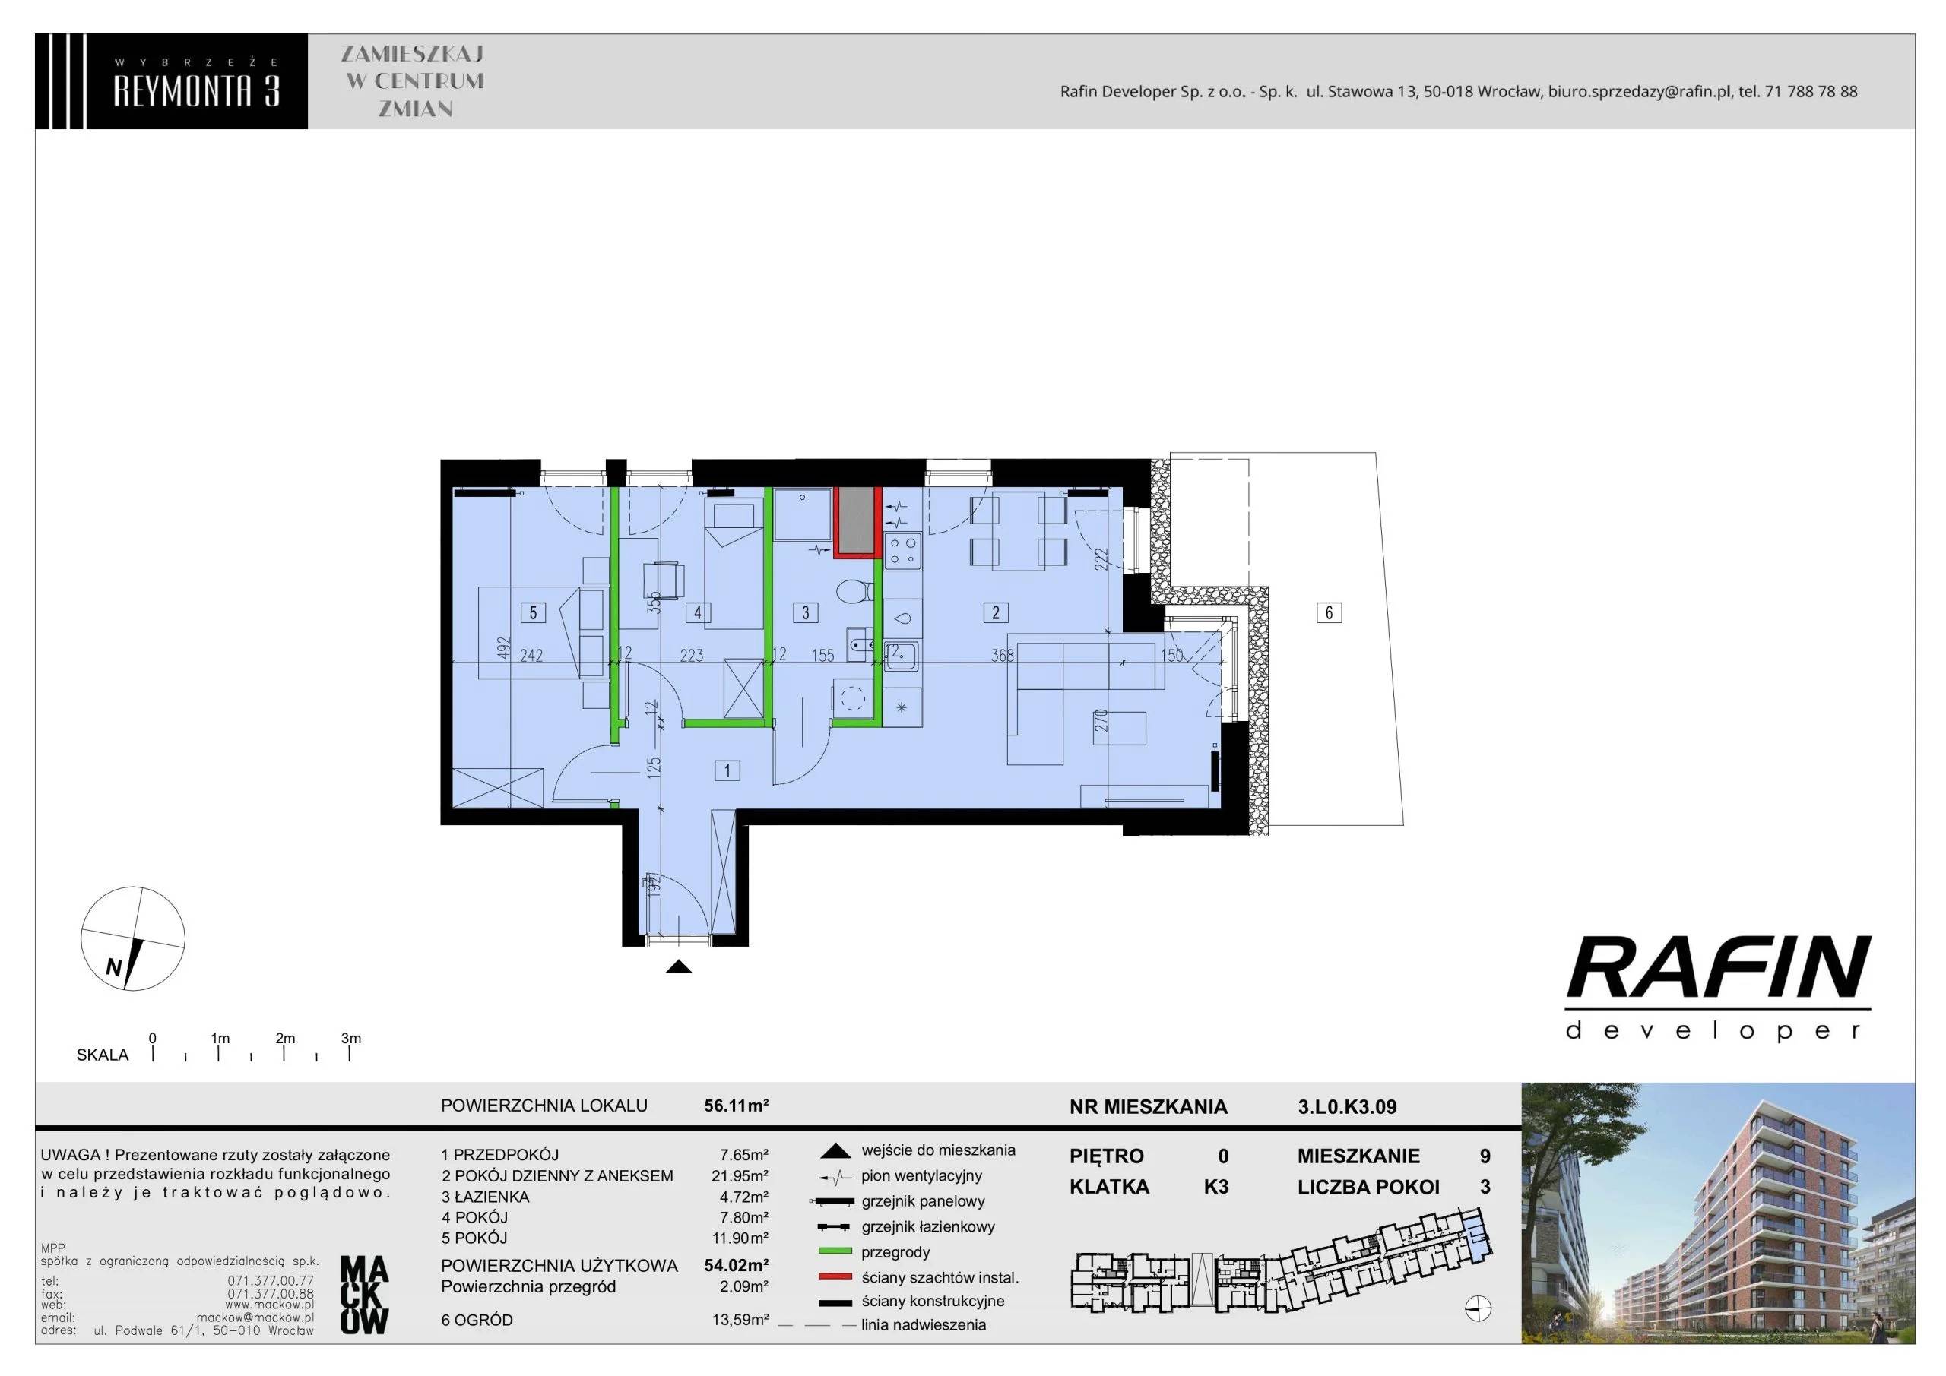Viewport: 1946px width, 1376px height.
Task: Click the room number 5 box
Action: (x=533, y=612)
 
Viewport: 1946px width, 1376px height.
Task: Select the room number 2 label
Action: (x=996, y=612)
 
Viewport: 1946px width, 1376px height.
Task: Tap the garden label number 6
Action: (x=1329, y=612)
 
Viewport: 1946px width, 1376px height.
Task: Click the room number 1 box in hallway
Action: (x=727, y=770)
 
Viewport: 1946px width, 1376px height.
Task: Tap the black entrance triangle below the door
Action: (x=679, y=966)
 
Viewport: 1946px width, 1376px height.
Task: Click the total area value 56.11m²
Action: (x=737, y=1106)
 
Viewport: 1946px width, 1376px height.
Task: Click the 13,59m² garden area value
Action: (x=740, y=1319)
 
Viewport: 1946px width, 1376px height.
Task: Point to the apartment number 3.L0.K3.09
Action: (x=1347, y=1106)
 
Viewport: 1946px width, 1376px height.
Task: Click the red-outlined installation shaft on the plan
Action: (x=857, y=523)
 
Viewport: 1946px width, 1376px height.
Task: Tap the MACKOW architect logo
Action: (x=363, y=1295)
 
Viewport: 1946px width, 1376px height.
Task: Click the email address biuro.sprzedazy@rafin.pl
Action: (x=1638, y=91)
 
